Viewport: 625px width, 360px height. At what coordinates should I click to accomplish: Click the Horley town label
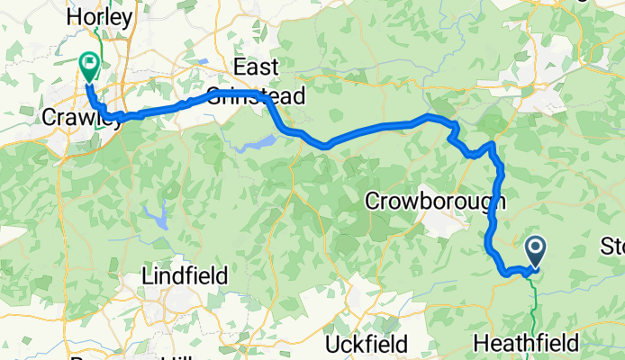click(101, 16)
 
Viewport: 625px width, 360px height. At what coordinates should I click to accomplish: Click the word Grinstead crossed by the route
click(257, 95)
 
